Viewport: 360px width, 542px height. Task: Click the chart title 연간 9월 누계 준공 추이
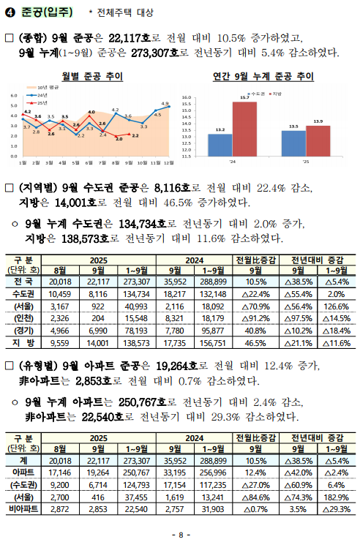pyautogui.click(x=263, y=77)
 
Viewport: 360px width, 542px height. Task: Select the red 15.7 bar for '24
pyautogui.click(x=244, y=129)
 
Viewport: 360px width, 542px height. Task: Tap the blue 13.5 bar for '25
pyautogui.click(x=293, y=143)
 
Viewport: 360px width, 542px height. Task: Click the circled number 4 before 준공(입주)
pyautogui.click(x=10, y=12)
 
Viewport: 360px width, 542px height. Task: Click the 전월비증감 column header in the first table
pyautogui.click(x=255, y=260)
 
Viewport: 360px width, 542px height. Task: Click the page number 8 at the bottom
pyautogui.click(x=180, y=533)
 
